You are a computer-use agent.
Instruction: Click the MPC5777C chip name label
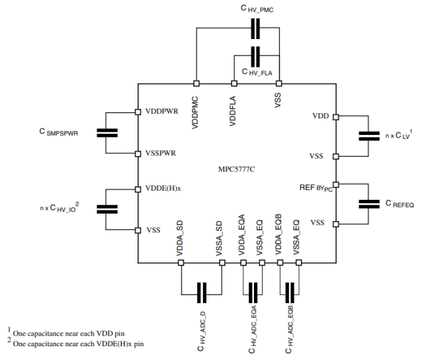[236, 169]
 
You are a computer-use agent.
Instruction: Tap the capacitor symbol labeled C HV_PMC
[255, 28]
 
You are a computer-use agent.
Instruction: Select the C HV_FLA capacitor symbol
[255, 56]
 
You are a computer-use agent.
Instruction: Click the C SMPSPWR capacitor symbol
[107, 133]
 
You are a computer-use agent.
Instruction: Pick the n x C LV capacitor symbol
[369, 136]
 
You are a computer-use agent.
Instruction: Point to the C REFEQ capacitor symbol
[369, 204]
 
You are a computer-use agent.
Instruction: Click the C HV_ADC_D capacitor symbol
[202, 292]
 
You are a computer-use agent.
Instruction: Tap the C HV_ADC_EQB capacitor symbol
[290, 292]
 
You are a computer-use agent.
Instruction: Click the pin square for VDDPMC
[196, 83]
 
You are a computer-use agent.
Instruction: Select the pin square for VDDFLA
[234, 83]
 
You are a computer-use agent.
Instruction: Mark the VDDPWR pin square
[138, 112]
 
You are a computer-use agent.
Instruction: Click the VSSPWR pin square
[138, 154]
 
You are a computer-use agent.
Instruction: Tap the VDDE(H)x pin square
[138, 189]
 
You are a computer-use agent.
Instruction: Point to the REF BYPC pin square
[335, 185]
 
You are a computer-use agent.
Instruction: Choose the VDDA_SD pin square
[181, 263]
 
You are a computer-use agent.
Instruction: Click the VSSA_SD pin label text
[220, 238]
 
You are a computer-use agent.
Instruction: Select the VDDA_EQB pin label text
[279, 235]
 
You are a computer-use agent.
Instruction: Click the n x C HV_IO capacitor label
[60, 207]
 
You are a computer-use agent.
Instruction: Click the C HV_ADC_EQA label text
[252, 330]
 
